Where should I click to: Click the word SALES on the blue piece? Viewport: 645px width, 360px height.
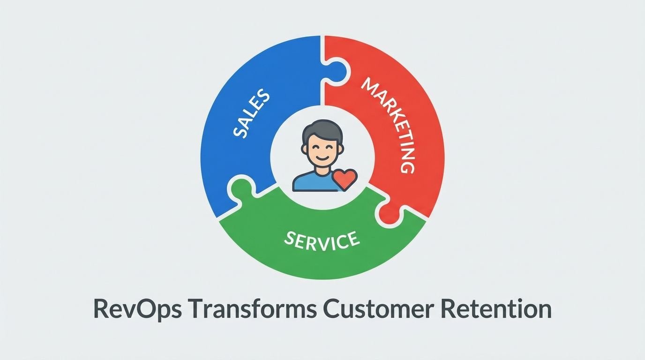point(251,114)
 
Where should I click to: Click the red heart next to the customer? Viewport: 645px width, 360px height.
point(345,179)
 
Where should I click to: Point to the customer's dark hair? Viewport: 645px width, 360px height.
point(322,130)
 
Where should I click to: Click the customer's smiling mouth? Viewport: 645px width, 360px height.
point(323,158)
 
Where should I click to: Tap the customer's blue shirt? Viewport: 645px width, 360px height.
point(312,182)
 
